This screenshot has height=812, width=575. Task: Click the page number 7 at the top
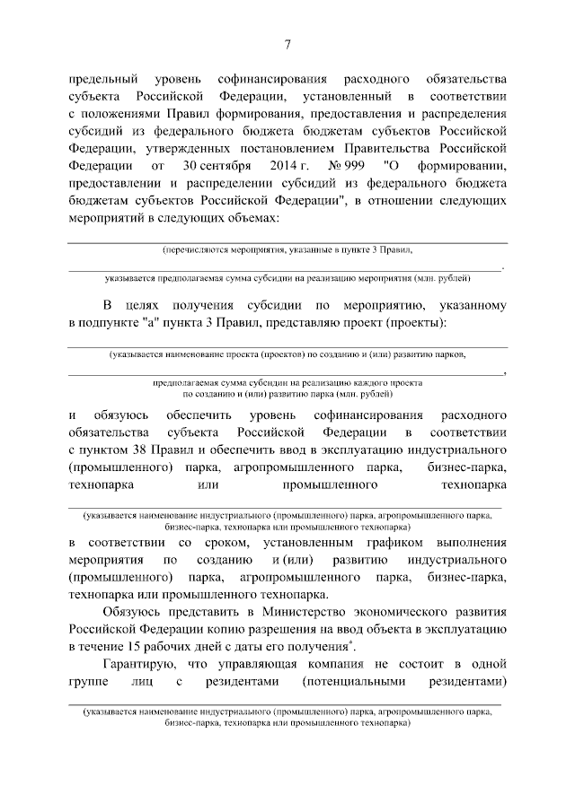[x=287, y=44]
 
